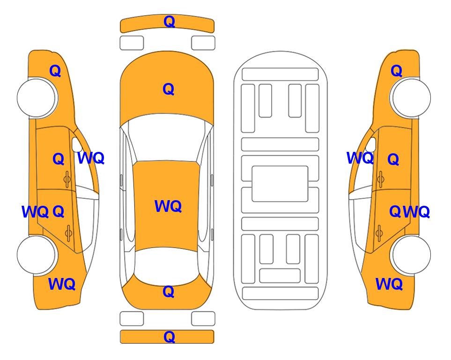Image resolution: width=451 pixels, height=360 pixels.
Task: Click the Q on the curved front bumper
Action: [169, 22]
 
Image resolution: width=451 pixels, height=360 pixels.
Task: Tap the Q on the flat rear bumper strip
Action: [169, 337]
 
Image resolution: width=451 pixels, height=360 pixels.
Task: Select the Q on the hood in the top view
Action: [169, 89]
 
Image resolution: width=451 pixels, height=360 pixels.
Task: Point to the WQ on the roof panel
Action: [168, 206]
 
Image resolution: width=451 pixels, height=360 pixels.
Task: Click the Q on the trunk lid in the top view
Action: [169, 292]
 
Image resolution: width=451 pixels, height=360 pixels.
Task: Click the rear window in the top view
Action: [167, 266]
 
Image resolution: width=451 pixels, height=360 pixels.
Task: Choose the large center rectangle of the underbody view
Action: [280, 184]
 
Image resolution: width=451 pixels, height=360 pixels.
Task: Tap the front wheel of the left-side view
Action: [37, 97]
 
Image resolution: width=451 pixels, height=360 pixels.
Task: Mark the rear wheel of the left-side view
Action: [37, 255]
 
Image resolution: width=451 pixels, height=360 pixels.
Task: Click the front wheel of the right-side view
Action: [411, 97]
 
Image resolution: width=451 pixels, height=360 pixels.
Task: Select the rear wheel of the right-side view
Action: [411, 255]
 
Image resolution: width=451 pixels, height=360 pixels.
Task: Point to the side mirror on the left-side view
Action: [76, 144]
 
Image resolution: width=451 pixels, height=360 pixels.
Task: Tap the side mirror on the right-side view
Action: [371, 144]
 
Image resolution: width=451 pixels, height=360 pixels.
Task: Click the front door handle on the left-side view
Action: [67, 179]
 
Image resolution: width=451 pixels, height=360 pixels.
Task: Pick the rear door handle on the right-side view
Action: [380, 233]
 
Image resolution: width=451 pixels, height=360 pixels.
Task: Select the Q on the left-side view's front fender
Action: [55, 71]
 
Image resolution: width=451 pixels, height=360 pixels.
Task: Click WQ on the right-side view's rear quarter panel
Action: [389, 284]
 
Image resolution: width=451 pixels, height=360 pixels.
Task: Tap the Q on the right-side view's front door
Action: [393, 159]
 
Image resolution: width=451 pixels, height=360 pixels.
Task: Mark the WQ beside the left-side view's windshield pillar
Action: [91, 158]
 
